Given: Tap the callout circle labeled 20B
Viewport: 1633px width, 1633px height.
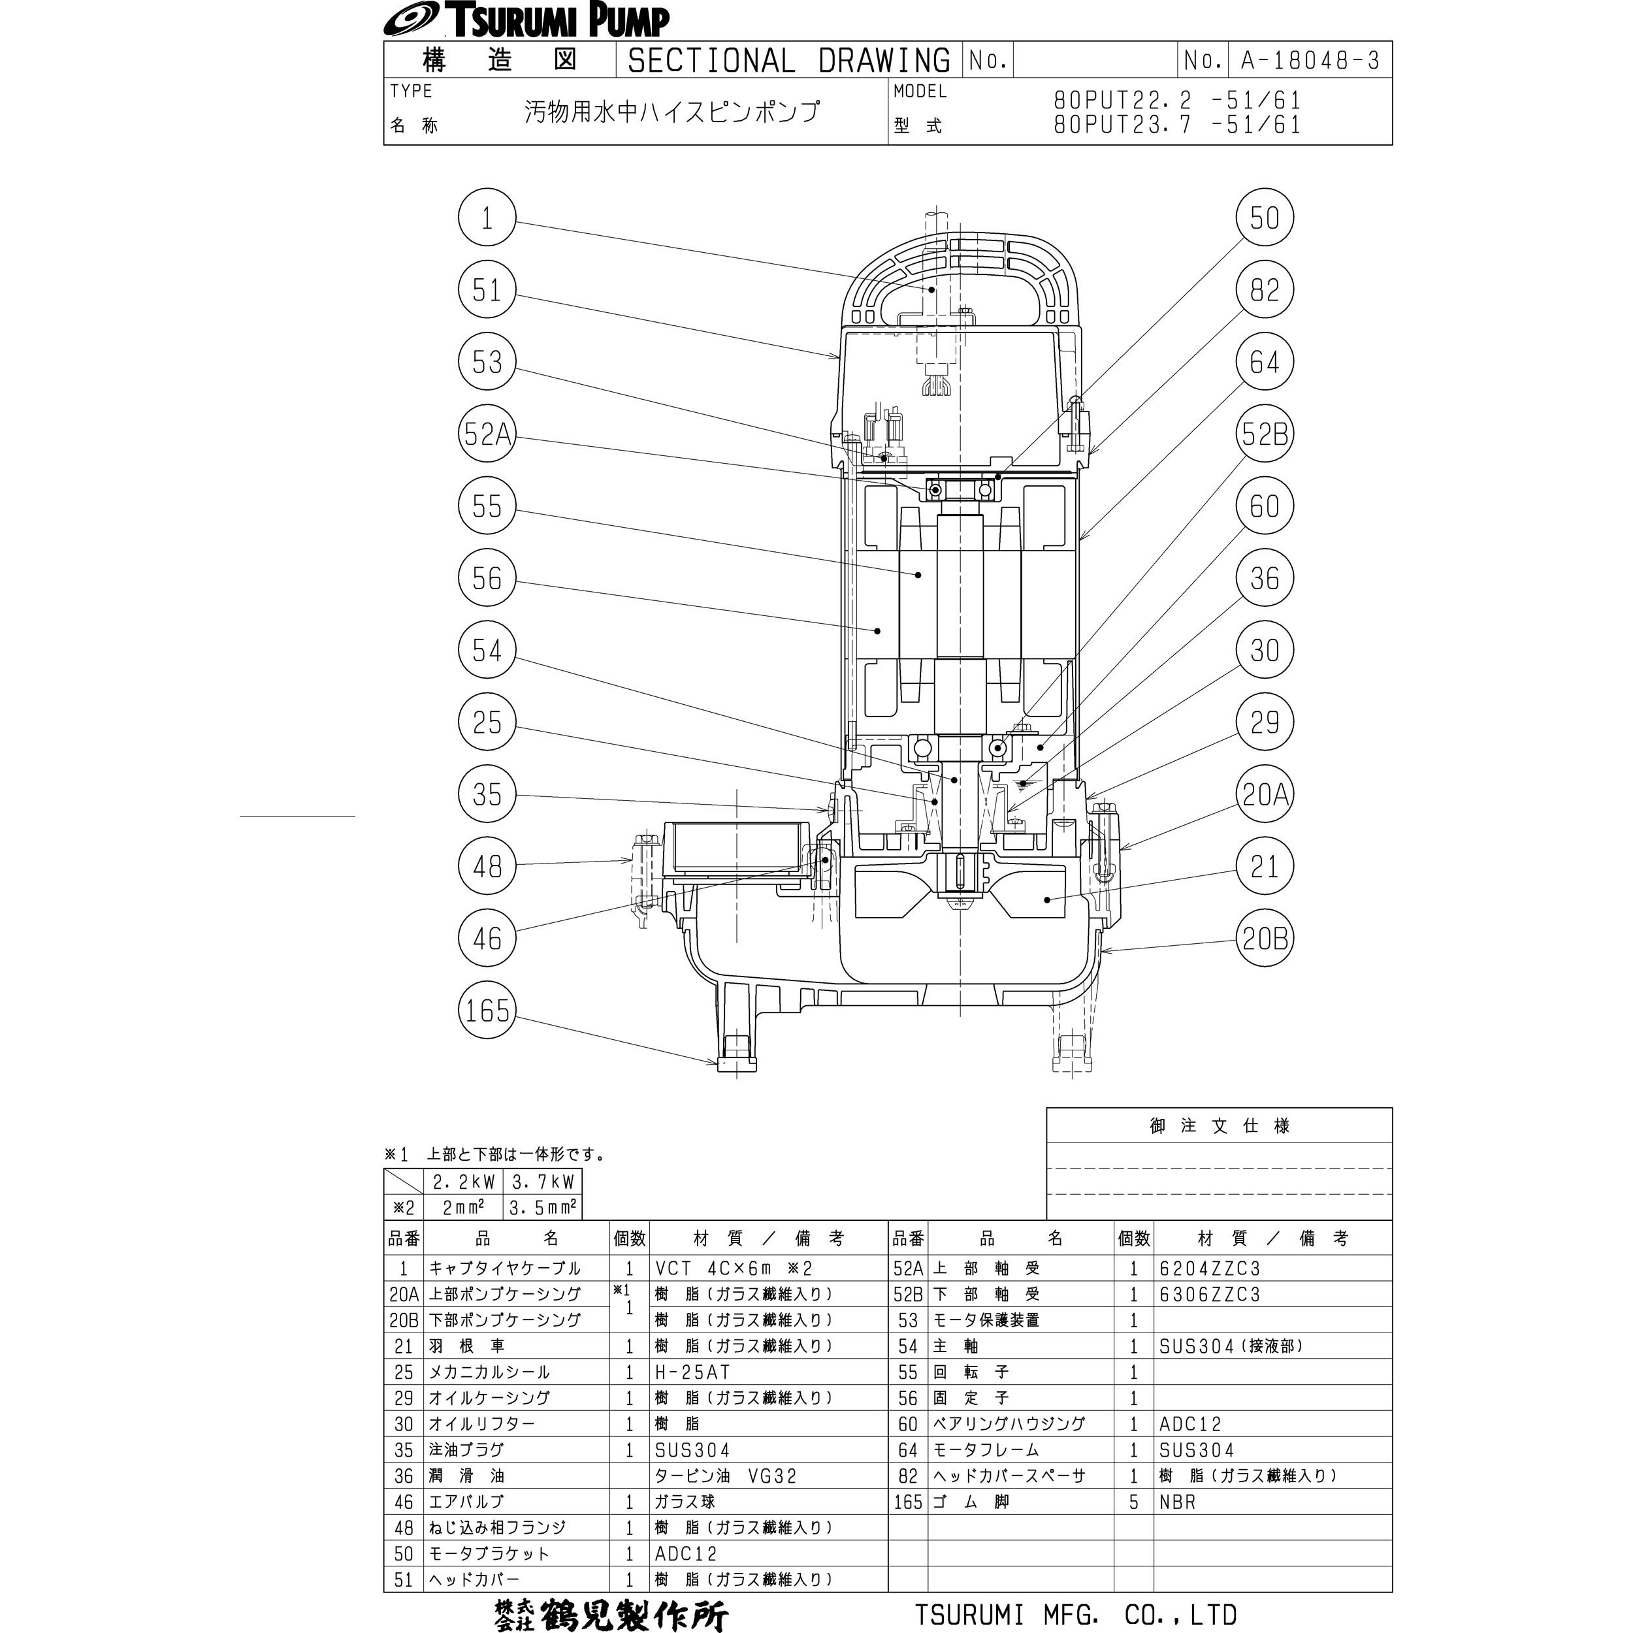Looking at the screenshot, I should click(x=1265, y=938).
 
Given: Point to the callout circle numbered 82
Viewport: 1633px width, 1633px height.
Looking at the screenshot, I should click(x=1265, y=290).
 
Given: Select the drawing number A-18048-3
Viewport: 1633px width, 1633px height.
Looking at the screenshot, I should click(x=1309, y=61).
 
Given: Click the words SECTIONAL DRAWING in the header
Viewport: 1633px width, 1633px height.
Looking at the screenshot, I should click(x=788, y=61).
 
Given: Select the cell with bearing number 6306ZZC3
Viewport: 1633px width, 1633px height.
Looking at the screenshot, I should click(x=1210, y=1294).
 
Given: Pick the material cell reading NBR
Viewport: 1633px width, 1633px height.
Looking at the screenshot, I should click(x=1178, y=1502).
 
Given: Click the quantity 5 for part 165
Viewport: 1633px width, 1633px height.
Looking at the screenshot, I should click(x=1133, y=1502).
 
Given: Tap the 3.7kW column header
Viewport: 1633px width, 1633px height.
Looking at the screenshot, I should click(x=543, y=1182).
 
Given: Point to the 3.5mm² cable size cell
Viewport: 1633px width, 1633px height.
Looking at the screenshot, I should click(x=543, y=1208).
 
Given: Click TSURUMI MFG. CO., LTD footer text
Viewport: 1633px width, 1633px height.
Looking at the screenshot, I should click(x=1076, y=1615).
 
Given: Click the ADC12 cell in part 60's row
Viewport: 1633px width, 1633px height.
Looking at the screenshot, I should click(x=1190, y=1424).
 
